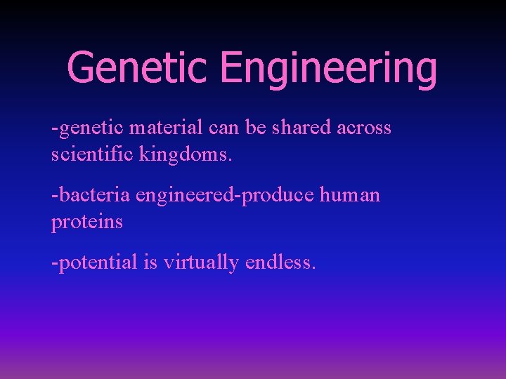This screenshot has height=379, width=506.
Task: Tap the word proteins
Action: tap(86, 222)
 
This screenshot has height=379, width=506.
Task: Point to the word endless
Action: tap(281, 262)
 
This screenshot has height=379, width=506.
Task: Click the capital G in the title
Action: tap(82, 68)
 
